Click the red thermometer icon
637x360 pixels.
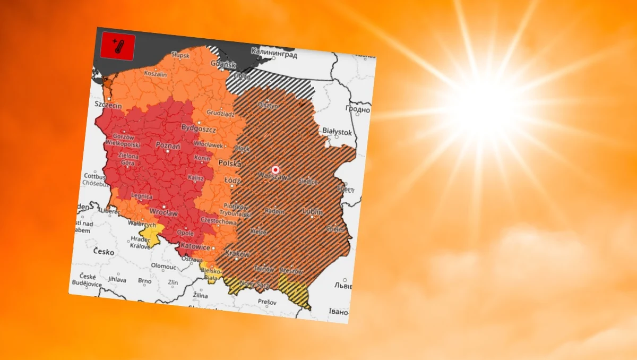click(x=117, y=46)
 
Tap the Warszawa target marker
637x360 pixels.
click(x=275, y=169)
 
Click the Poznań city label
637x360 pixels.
click(x=168, y=145)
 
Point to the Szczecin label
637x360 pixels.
click(x=108, y=106)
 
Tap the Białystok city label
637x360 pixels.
click(x=337, y=131)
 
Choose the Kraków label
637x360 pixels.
click(x=237, y=254)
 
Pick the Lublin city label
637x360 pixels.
click(x=312, y=211)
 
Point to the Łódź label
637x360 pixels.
click(x=232, y=181)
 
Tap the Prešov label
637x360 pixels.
click(x=267, y=302)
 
